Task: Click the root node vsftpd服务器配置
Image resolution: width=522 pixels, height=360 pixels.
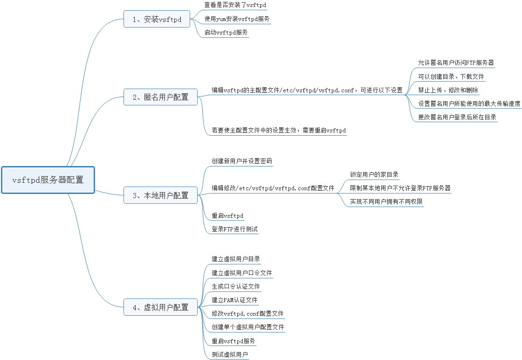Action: pos(48,180)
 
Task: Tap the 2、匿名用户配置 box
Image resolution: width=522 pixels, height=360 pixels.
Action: pos(161,97)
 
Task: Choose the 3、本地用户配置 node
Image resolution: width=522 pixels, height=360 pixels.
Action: pos(161,195)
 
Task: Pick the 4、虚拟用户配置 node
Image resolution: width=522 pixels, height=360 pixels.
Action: pos(161,307)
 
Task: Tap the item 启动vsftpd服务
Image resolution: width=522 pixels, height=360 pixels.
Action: pos(226,33)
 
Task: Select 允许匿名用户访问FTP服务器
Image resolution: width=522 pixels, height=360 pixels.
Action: pos(456,63)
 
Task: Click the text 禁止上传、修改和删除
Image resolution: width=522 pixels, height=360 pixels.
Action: pos(448,90)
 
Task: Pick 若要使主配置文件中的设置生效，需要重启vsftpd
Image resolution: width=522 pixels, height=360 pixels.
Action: pos(279,131)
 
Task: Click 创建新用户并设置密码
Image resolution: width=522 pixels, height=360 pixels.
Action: pos(241,161)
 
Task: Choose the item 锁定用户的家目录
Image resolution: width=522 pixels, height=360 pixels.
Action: pos(374,174)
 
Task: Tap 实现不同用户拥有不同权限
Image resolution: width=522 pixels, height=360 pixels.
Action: pos(386,201)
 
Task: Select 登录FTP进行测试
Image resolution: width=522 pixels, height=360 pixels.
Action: pos(234,229)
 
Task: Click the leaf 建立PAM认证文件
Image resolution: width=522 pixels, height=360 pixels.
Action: pos(234,300)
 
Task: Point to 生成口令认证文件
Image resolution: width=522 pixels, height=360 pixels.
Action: pos(236,286)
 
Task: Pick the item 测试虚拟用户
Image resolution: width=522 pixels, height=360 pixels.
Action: pos(230,355)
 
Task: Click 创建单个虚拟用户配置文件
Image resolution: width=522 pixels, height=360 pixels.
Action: pos(247,327)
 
